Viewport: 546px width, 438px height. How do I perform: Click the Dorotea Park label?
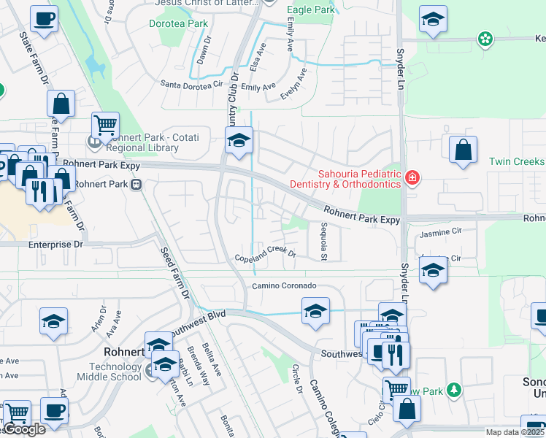click(179, 24)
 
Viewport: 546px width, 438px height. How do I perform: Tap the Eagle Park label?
click(311, 10)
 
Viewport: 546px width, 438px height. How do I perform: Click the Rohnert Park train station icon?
click(136, 185)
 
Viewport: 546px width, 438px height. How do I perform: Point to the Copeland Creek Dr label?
click(264, 255)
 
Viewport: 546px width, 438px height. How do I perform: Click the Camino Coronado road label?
click(285, 285)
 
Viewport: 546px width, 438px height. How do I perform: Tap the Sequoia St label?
click(323, 241)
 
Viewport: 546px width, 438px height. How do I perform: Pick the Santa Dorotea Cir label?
click(191, 85)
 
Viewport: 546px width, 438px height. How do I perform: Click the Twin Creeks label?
click(516, 161)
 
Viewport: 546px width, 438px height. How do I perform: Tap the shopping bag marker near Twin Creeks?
click(463, 150)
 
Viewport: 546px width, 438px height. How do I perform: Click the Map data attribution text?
click(515, 432)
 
